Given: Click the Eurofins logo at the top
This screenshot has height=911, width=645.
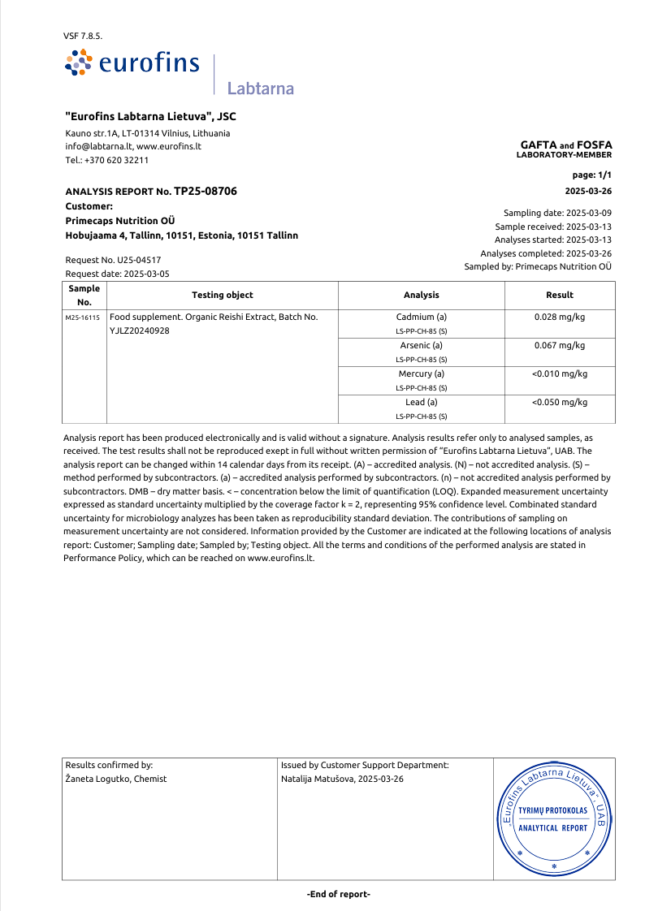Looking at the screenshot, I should tap(132, 63).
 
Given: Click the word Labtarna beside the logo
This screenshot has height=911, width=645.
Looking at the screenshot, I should tap(260, 89).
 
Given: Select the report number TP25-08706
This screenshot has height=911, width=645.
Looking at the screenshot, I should tap(206, 191).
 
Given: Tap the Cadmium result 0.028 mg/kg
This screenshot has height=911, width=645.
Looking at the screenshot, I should tap(559, 317).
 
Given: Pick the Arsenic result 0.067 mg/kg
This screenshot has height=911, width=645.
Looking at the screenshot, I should tap(559, 345).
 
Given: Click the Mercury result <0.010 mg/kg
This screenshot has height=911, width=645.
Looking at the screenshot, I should tap(559, 373).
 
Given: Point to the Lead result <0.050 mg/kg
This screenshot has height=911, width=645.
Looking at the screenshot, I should tap(559, 402).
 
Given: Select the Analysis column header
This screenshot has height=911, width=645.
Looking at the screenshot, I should tap(421, 295).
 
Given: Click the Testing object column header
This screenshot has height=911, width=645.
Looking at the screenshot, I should tap(222, 295).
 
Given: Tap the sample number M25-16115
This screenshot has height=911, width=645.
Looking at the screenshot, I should tap(84, 317).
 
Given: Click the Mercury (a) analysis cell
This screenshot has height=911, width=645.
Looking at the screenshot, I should tap(421, 373).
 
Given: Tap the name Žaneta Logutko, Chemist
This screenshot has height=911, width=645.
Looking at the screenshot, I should tap(115, 779).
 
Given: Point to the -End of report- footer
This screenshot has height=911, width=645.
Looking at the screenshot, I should tap(338, 894).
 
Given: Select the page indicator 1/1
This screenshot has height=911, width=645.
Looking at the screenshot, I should tap(604, 175).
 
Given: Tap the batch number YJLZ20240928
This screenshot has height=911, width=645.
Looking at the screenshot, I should tap(139, 330).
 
